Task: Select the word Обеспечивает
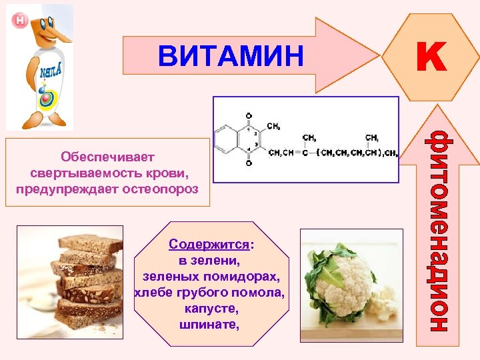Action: pyautogui.click(x=107, y=157)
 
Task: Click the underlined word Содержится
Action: pyautogui.click(x=195, y=245)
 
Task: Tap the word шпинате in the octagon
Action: pyautogui.click(x=208, y=325)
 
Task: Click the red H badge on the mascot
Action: pyautogui.click(x=20, y=21)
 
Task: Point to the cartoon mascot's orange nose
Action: pyautogui.click(x=53, y=30)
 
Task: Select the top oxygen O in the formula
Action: pyautogui.click(x=249, y=115)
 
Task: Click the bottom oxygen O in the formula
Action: pyautogui.click(x=249, y=162)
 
